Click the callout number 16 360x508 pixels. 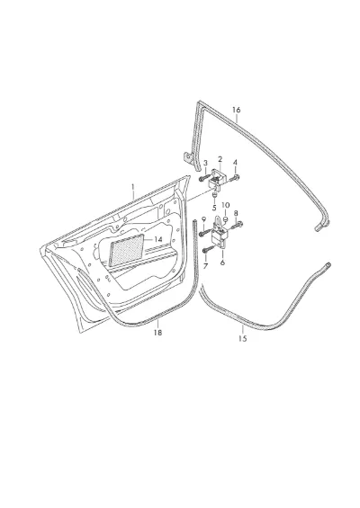coord(237,110)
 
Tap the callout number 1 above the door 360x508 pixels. coord(132,187)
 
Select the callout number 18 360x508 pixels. coord(157,333)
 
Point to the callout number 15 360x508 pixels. coord(243,339)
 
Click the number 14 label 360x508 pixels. coord(157,239)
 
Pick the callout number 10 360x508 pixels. coord(226,205)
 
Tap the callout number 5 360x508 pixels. coord(214,208)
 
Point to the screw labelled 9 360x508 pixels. coord(204,232)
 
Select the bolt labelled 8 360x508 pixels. coord(237,225)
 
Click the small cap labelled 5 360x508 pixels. coord(214,195)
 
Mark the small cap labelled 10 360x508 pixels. coord(226,219)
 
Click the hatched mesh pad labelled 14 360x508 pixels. coord(127,250)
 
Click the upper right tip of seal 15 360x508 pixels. coord(328,264)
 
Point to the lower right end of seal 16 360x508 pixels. coord(317,229)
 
